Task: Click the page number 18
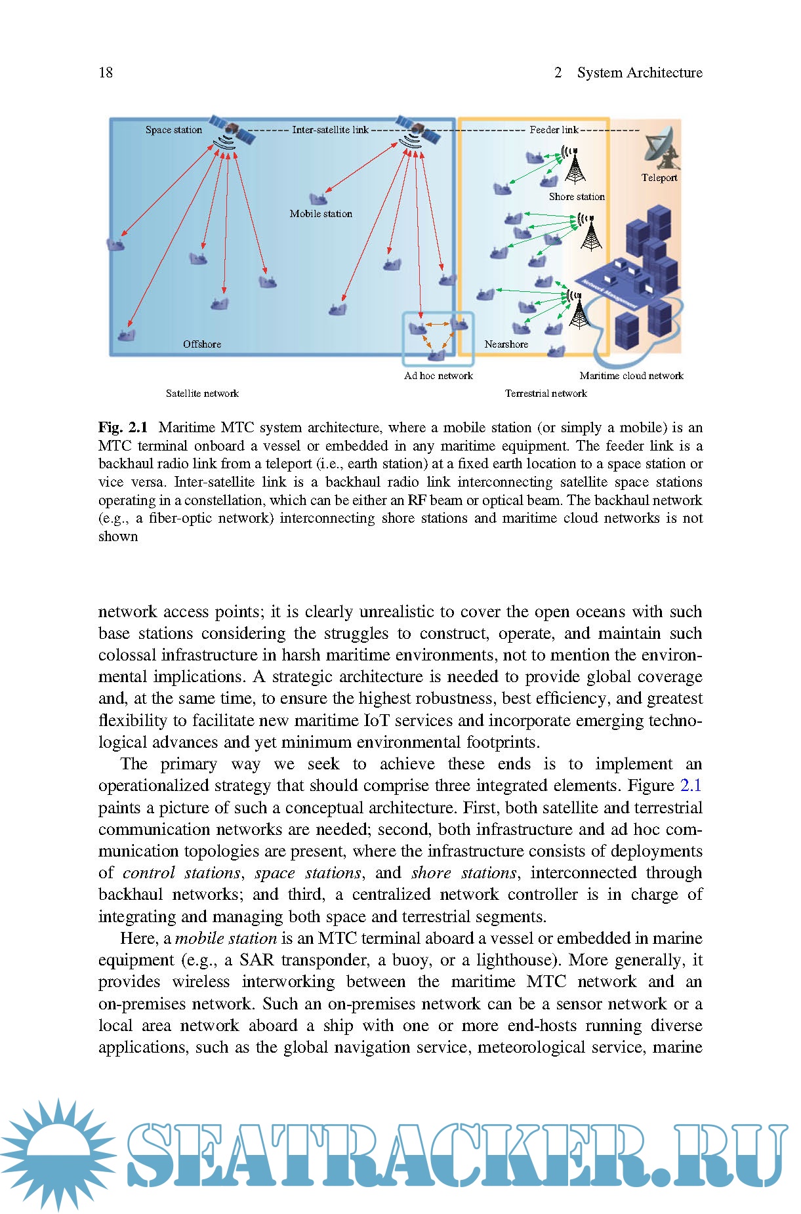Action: [x=106, y=72]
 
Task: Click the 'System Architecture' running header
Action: [x=639, y=72]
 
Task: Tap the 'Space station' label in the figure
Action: [x=174, y=130]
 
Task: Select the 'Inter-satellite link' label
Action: [x=330, y=130]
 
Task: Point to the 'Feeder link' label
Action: [x=554, y=130]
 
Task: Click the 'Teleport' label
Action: [x=659, y=178]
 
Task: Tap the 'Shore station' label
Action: [x=577, y=197]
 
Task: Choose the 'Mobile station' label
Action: [x=321, y=214]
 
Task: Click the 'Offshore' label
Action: [x=202, y=344]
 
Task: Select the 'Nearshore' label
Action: [x=506, y=344]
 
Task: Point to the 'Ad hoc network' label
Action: [x=438, y=376]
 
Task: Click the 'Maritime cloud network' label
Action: [x=631, y=376]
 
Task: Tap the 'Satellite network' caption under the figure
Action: [x=202, y=394]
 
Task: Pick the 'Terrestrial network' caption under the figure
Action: [x=546, y=394]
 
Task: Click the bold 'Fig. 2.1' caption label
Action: [x=123, y=428]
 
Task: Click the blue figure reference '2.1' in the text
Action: [x=691, y=786]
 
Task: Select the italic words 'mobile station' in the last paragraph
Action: [x=226, y=939]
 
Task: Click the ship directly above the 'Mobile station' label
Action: [x=318, y=198]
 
